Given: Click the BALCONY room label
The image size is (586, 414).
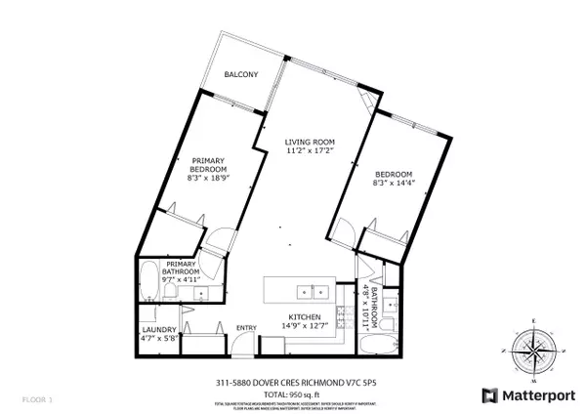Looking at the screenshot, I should (239, 75).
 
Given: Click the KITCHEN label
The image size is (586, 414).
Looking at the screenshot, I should (305, 316).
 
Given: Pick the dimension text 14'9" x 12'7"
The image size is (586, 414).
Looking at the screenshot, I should (305, 326).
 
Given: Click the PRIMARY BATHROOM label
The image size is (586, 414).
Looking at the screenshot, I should (183, 268).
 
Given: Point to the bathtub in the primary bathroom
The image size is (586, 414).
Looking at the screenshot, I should (148, 283).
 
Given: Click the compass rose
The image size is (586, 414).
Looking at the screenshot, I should (532, 350).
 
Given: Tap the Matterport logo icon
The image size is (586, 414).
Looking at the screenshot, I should (488, 395).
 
